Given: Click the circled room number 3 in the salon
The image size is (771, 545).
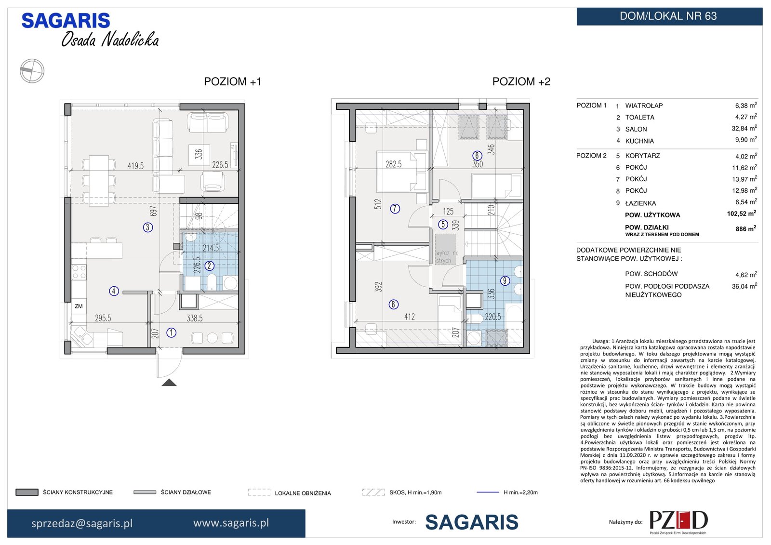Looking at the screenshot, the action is pos(147,227).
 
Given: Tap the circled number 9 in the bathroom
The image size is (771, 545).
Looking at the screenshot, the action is pos(505,280).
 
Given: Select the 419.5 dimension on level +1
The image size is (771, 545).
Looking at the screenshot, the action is pos(135,166).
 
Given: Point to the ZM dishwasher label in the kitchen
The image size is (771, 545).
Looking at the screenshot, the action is pos(79,306).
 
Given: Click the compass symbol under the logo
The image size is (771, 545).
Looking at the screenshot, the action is pos(32,71).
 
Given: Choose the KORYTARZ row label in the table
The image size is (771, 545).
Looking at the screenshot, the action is pos(643,156).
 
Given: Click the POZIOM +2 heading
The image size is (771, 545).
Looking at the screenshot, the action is pos(521,81).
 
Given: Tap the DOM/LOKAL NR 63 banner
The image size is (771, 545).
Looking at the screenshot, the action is pos(669,16).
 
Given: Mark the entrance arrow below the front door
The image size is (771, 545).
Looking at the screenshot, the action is pos(169,383).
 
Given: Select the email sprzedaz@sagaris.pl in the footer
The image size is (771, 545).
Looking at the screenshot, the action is pos(82,523).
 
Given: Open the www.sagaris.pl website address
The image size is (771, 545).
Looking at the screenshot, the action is pos(231,523).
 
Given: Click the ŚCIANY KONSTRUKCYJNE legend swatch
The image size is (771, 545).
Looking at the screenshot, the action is pos(27,492).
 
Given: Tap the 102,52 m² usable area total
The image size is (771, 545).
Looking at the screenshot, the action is pos(742,214).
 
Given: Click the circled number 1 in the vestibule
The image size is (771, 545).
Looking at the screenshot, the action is pos(172,332).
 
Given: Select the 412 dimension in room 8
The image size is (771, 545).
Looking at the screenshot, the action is pos(409,317).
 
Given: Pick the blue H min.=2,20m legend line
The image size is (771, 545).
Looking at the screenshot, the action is pos(488,492).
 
